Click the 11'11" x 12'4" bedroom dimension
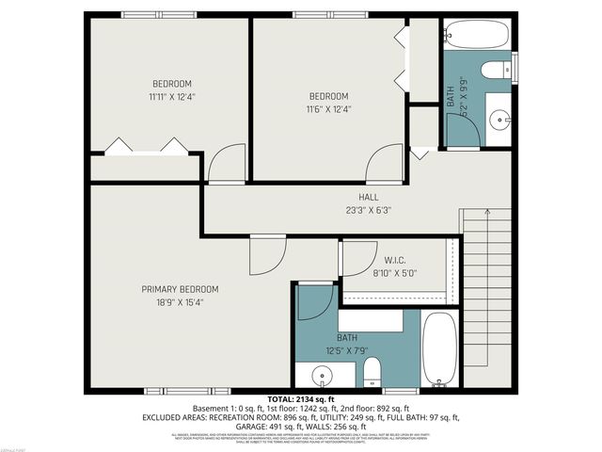(171, 96)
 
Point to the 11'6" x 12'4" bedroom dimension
(328, 109)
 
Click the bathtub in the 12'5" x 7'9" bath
(439, 350)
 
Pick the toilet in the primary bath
(372, 371)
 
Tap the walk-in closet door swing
(356, 259)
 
